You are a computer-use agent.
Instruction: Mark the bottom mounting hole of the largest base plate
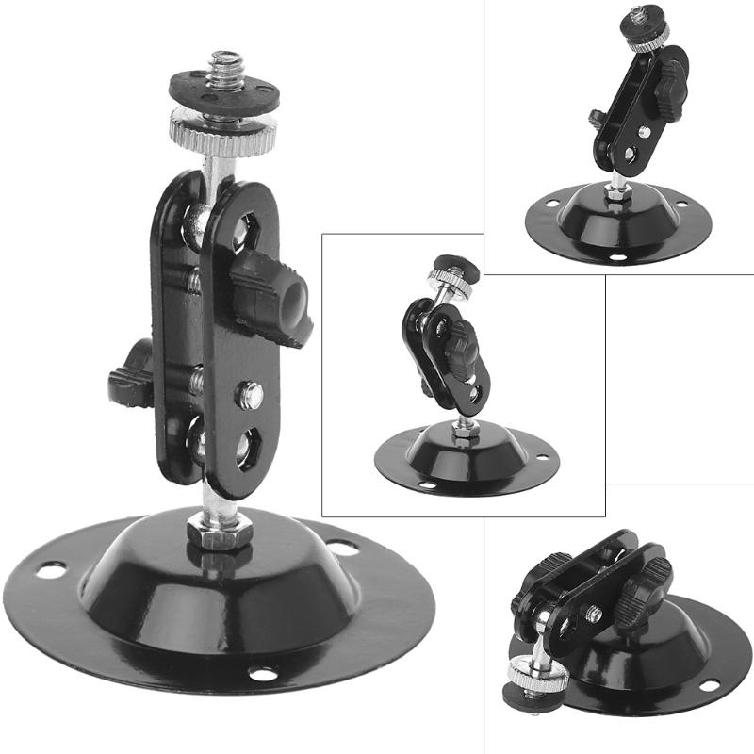[x=262, y=675]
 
